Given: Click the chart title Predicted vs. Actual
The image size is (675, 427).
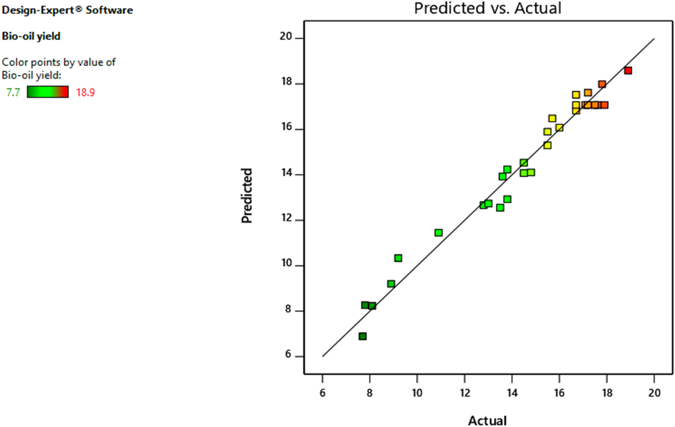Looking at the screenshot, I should coord(487,8).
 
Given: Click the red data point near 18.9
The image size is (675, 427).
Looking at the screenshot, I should coord(628,70).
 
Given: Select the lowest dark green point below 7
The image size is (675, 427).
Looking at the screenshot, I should coord(362,336).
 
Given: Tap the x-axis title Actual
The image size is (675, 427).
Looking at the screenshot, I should coord(487,420).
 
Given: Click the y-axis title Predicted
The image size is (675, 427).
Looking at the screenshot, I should coord(247,195).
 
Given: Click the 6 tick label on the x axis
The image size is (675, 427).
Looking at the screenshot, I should coord(322,393).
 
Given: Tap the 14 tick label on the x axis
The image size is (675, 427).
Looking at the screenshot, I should coord(512,393).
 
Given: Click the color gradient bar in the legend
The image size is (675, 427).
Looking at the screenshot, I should coord(48,92).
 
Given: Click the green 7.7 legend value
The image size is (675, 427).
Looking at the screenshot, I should coord(13,92).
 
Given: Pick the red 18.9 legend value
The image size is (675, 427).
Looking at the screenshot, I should coord(85,92).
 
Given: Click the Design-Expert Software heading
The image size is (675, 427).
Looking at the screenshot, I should coord(67,10).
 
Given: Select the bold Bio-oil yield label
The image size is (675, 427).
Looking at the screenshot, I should coord(31,36).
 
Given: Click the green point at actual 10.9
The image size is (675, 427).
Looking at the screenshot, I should coord(438,232).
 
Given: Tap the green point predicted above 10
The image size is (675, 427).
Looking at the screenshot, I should coord(398,258).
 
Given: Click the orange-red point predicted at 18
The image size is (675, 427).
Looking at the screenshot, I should coord(602,84).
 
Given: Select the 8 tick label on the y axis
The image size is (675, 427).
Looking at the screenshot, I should coord(288,309).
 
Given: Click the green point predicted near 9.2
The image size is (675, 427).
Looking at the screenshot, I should coord(391,284).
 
